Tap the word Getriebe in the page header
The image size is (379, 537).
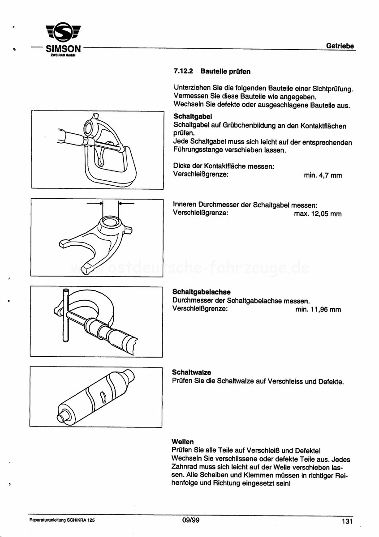point(340,46)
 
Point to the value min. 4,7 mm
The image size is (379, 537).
point(323,175)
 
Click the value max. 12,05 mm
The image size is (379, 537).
point(318,214)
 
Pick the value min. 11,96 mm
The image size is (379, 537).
point(318,309)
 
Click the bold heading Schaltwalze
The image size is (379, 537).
point(191,372)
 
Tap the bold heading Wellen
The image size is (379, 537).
point(183,442)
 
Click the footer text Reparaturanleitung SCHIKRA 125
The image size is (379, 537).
point(62,521)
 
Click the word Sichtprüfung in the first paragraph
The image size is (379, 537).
point(331,88)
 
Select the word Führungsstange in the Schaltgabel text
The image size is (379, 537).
point(196,150)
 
